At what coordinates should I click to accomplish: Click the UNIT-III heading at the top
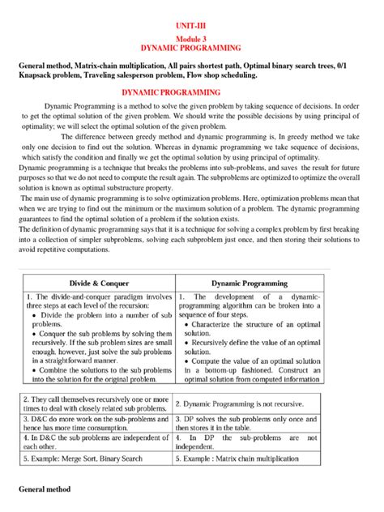pyautogui.click(x=192, y=26)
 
